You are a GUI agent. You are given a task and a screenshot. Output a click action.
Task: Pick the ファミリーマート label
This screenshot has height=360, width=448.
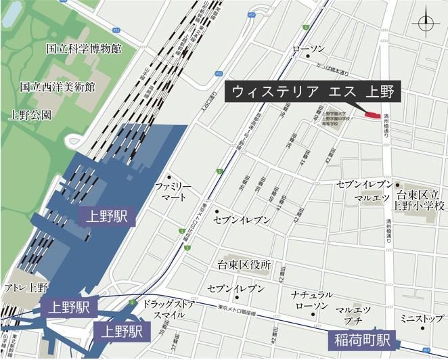click(x=173, y=192)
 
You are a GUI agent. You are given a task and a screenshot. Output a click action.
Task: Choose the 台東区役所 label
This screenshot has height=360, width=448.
click(x=244, y=265)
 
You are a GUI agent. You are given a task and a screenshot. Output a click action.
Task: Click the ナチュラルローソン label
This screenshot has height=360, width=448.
click(x=312, y=301)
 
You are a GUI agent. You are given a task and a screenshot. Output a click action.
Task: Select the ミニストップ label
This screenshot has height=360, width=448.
click(x=420, y=318)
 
